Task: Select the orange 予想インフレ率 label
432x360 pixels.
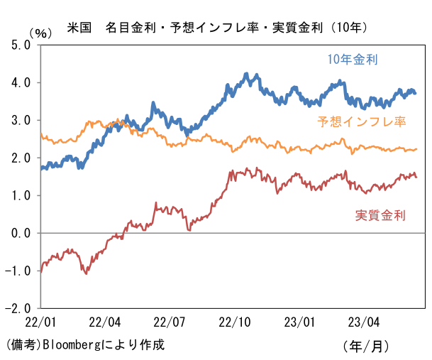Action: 361,121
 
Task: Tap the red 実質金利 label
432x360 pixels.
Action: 380,215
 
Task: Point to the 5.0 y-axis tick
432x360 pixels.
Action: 21,45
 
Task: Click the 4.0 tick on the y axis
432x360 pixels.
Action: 21,82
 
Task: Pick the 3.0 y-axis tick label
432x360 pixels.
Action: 21,120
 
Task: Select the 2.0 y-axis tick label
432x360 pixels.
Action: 21,158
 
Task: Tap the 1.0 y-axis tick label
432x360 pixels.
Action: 21,195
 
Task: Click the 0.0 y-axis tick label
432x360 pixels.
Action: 21,233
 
